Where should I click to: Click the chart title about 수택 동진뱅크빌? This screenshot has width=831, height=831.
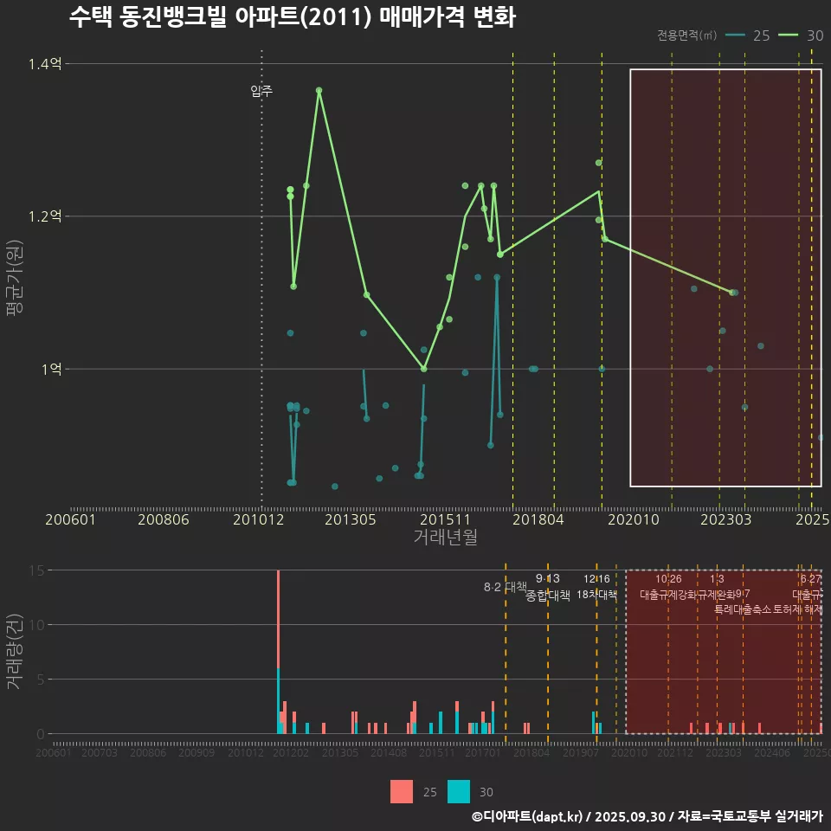coord(292,17)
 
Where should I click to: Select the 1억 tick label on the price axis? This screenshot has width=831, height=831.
coord(50,369)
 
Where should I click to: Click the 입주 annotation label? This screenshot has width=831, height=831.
coord(261,91)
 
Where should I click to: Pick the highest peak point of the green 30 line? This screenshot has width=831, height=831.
coord(319,90)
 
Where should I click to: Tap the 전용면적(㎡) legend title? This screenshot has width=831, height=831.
coord(686,35)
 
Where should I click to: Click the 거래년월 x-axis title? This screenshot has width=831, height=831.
coord(445,538)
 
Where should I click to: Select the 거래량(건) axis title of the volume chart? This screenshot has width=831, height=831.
coord(15,651)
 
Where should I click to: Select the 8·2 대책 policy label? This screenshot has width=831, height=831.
coord(506,587)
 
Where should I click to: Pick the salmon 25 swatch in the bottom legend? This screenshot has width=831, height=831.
coord(402,791)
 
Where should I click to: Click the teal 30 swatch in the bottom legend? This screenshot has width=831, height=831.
coord(459,791)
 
